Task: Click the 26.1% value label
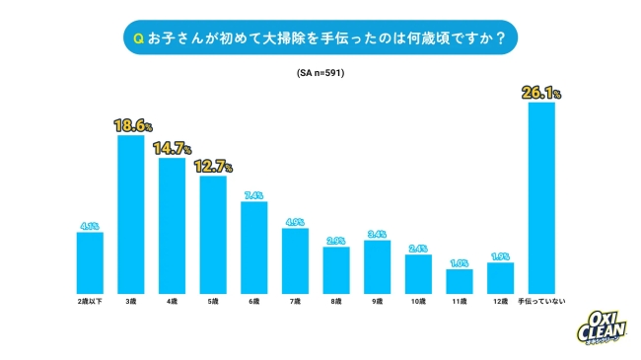541,94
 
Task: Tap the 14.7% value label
172,149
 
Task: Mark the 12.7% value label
213,167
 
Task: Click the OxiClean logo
600,322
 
